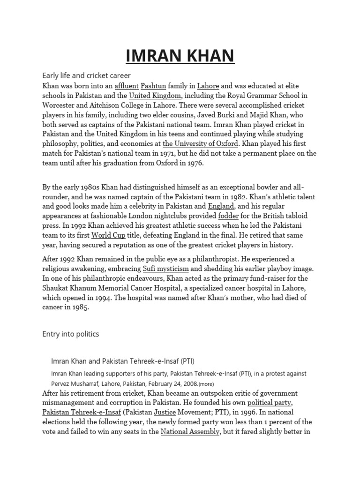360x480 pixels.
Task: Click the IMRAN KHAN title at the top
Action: click(x=180, y=56)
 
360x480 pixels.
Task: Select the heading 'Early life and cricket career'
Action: click(x=86, y=75)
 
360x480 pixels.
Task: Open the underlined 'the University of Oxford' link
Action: click(x=201, y=143)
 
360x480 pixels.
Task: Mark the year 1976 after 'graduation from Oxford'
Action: click(x=195, y=163)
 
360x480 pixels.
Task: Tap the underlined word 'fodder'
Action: click(x=228, y=216)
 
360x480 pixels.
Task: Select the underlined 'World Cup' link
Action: click(x=108, y=235)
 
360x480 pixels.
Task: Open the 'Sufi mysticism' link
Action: click(x=165, y=269)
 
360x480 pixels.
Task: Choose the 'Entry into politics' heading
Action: click(x=71, y=334)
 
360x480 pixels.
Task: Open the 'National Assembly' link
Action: click(x=190, y=431)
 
